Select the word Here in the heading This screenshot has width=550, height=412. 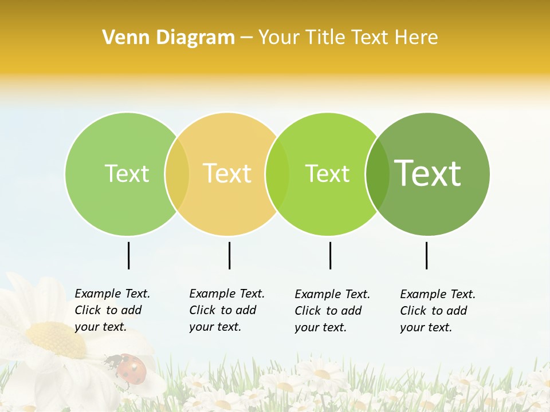(417, 38)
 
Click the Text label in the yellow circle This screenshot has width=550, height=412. (227, 173)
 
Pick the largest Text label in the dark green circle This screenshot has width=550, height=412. (427, 173)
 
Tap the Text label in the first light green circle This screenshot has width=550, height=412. (127, 173)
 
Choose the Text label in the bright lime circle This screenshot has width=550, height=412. (327, 173)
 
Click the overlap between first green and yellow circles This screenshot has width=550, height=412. (177, 173)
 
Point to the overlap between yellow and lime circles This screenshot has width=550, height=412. (277, 173)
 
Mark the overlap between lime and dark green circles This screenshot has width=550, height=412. (377, 173)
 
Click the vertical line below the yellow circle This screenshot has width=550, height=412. (229, 255)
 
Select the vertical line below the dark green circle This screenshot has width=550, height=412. (426, 255)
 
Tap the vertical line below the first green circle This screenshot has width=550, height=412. (128, 255)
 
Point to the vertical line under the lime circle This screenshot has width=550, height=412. (330, 255)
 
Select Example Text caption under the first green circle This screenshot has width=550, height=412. (112, 294)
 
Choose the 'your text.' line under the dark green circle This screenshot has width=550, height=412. (426, 327)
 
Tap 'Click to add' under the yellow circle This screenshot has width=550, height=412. (222, 310)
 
